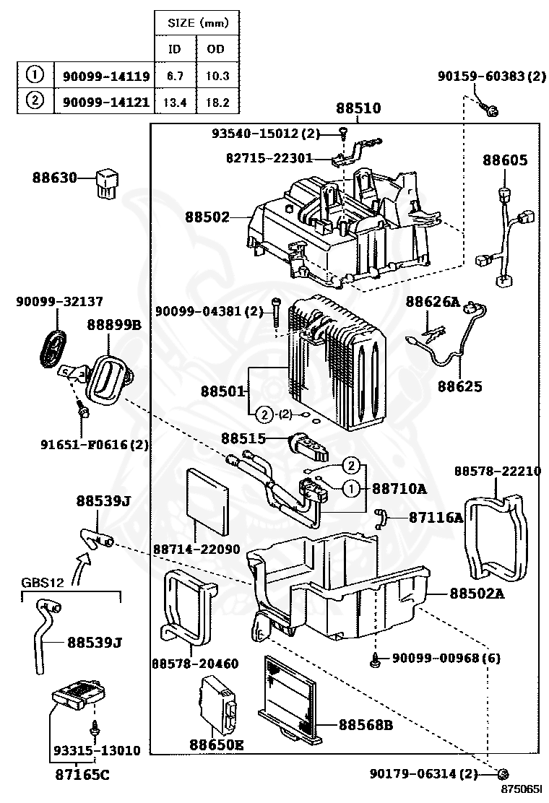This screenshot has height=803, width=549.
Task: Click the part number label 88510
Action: coord(358,109)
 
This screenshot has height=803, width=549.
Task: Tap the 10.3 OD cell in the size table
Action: coord(215,75)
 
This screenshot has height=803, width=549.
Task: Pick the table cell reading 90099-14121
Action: coord(105,102)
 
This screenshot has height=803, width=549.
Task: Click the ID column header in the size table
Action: coord(174,49)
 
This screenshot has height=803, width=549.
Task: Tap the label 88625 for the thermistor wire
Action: coord(459,386)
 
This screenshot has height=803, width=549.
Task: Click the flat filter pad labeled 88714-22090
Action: coord(209,500)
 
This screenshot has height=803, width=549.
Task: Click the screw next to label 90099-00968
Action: coord(377,659)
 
